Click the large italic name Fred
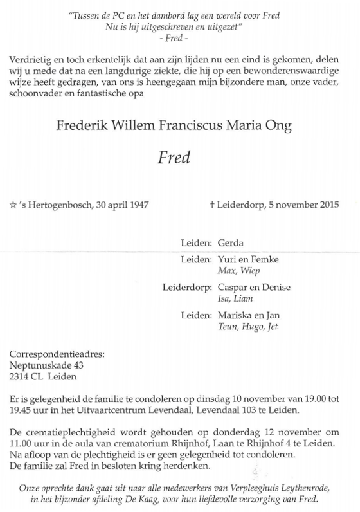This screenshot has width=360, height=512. [174, 157]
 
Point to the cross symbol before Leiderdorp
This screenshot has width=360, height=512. [212, 205]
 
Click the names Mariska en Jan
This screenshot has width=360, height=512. [248, 315]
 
